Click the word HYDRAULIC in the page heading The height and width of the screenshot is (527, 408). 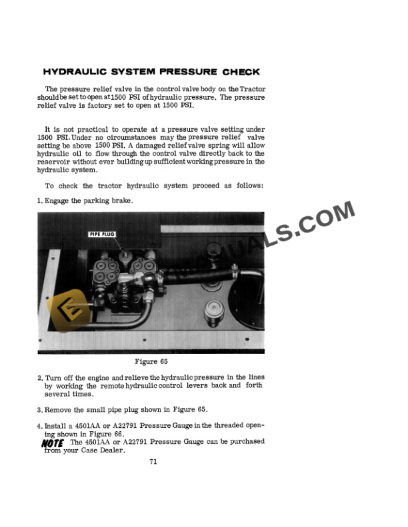pyautogui.click(x=74, y=72)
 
